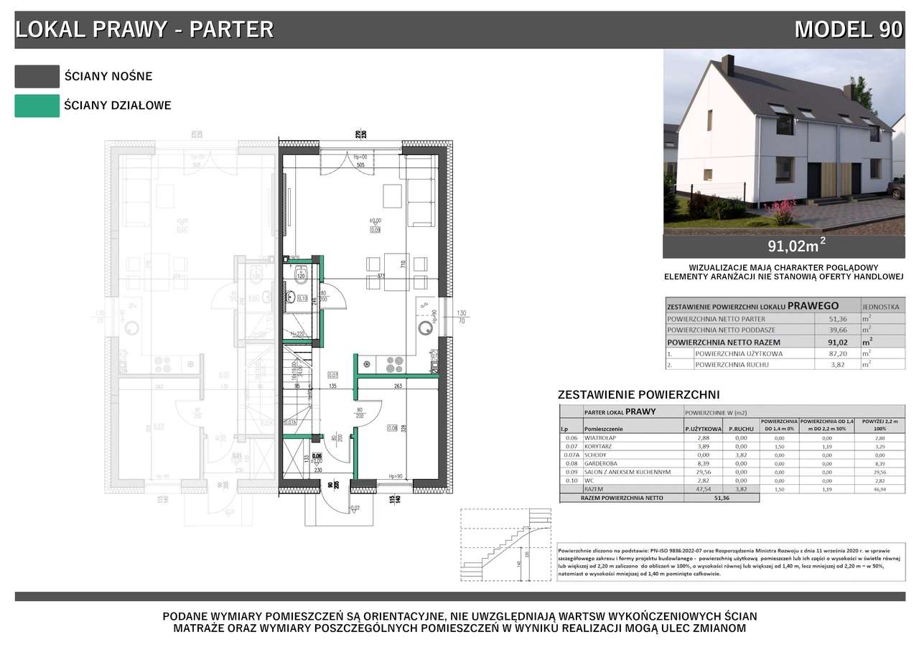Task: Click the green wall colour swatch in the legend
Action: click(37, 106)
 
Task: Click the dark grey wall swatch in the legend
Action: click(37, 76)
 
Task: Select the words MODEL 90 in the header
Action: click(848, 29)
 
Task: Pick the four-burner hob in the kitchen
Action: click(393, 364)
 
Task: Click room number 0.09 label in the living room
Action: click(375, 230)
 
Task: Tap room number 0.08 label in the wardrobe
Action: click(392, 429)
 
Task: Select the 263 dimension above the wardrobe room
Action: click(398, 385)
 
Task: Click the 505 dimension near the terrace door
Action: click(360, 164)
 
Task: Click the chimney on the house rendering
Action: click(728, 65)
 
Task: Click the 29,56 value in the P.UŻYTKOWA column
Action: click(701, 473)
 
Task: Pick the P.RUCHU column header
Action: click(740, 429)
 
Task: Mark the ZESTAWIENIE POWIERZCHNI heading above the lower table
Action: click(638, 395)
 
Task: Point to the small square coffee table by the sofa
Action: click(392, 195)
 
